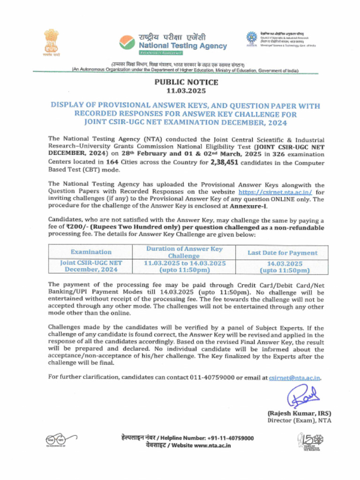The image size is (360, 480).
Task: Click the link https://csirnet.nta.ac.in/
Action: [x=275, y=192]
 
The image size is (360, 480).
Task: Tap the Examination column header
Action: [x=91, y=252]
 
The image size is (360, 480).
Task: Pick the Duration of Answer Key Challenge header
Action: [x=184, y=252]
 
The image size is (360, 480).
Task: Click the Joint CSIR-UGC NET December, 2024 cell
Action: [x=91, y=266]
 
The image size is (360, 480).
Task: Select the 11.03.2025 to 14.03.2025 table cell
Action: [x=184, y=266]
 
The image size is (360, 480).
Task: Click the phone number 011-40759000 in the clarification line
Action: [x=212, y=377]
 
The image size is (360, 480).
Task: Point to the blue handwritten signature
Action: [x=303, y=397]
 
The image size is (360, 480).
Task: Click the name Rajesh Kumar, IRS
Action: [x=299, y=413]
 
